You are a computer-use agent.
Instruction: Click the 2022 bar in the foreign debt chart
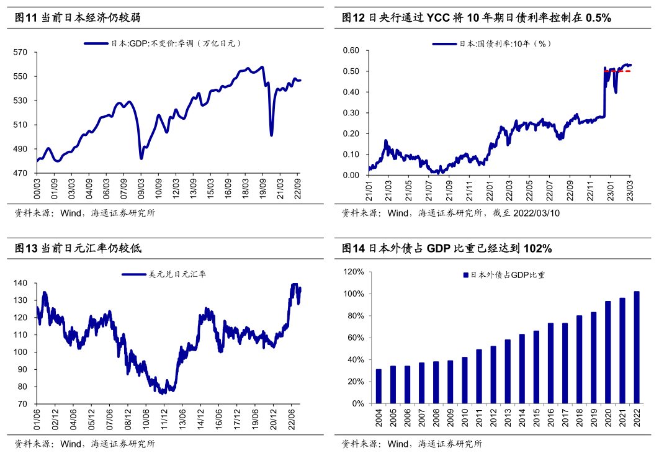point(636,348)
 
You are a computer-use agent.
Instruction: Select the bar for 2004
point(379,386)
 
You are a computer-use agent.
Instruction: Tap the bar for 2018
point(579,359)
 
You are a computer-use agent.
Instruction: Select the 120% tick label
point(352,272)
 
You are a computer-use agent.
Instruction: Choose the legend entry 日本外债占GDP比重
point(507,274)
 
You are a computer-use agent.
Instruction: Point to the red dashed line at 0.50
point(621,71)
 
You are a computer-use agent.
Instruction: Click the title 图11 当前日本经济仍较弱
point(78,18)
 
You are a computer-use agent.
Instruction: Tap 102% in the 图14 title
point(537,248)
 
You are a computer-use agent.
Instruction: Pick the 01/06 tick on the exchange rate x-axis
point(37,417)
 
